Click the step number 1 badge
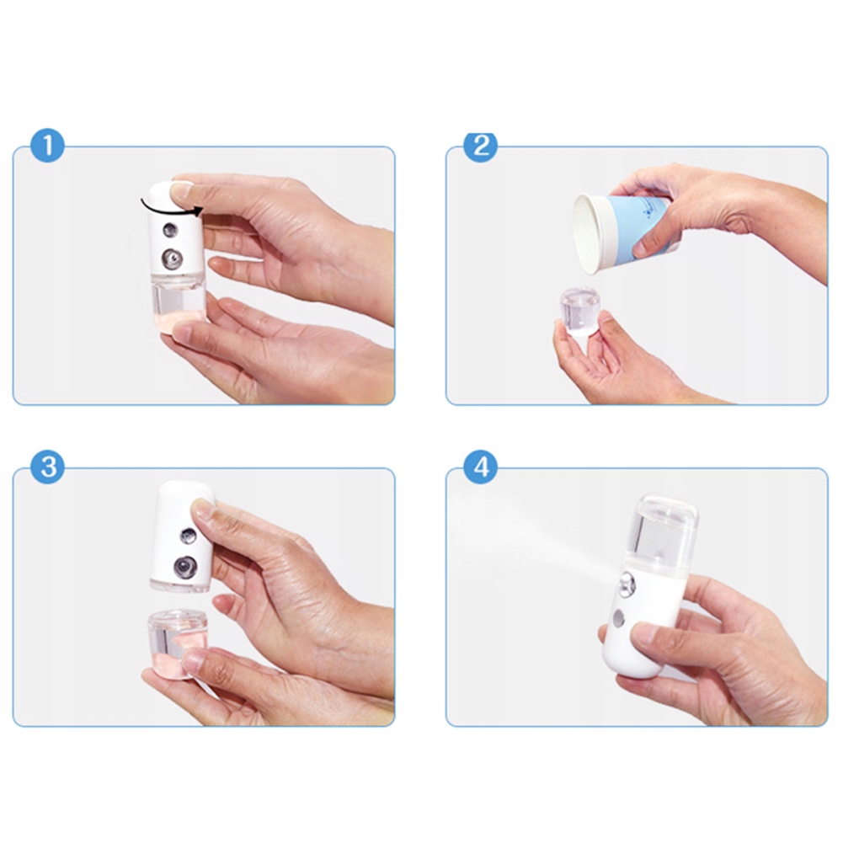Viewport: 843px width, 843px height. (x=47, y=145)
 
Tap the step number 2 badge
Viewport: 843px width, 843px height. (x=481, y=145)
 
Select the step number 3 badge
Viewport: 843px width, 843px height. (x=47, y=467)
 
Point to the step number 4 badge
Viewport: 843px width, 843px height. (x=481, y=467)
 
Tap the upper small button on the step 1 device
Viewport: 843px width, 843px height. (x=170, y=230)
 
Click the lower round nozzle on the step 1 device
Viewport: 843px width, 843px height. (x=172, y=259)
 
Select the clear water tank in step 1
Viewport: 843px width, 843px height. (x=178, y=302)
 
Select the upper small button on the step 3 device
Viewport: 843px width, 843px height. (x=189, y=535)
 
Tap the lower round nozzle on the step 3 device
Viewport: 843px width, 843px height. (x=185, y=568)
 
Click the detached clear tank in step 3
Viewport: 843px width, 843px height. (x=176, y=643)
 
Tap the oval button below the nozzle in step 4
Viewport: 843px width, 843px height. (x=618, y=619)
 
